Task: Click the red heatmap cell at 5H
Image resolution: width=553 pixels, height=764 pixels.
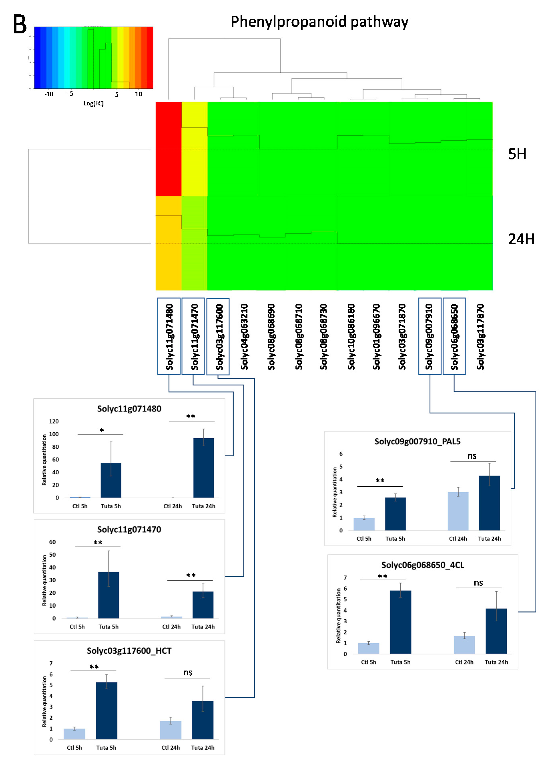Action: [168, 149]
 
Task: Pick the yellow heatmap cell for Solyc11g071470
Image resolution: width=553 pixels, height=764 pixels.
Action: [194, 149]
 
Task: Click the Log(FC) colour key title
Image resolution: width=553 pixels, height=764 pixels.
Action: [93, 103]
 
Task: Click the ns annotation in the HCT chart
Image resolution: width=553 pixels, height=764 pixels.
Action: [188, 673]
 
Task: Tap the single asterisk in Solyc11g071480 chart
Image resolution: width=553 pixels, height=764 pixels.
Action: [102, 430]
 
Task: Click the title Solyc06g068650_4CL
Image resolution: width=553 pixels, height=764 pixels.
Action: [423, 565]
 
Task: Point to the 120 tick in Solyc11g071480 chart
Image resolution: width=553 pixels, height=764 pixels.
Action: [54, 421]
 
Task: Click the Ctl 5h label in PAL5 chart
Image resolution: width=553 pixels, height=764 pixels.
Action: [364, 539]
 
